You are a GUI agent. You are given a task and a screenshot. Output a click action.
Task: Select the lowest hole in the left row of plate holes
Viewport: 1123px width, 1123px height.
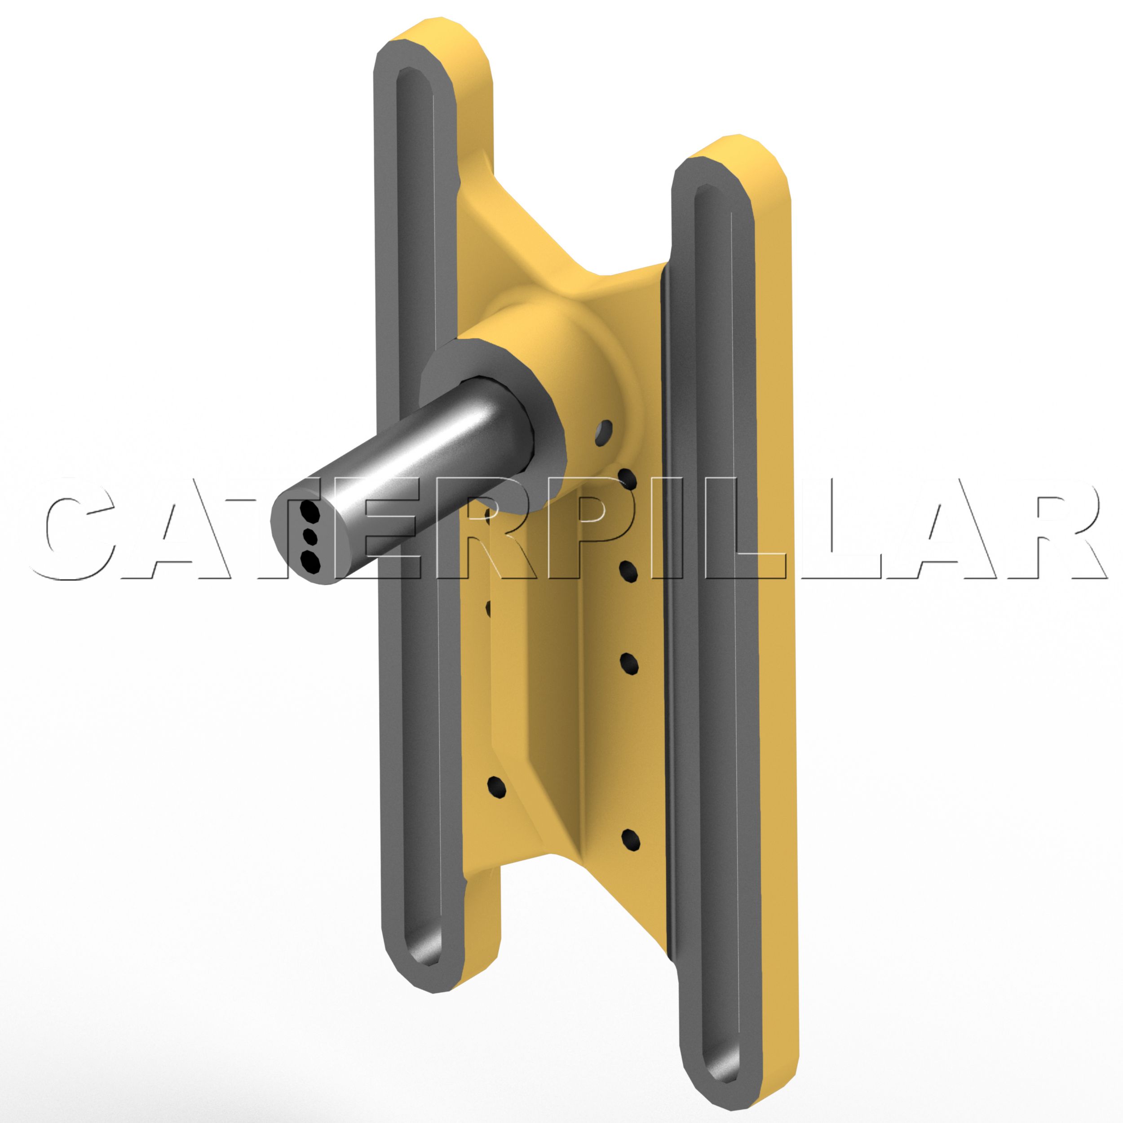[496, 787]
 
